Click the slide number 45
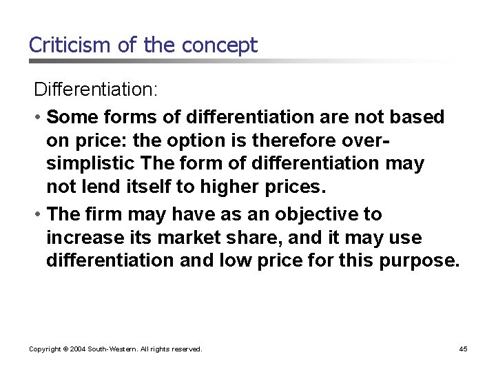[463, 349]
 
